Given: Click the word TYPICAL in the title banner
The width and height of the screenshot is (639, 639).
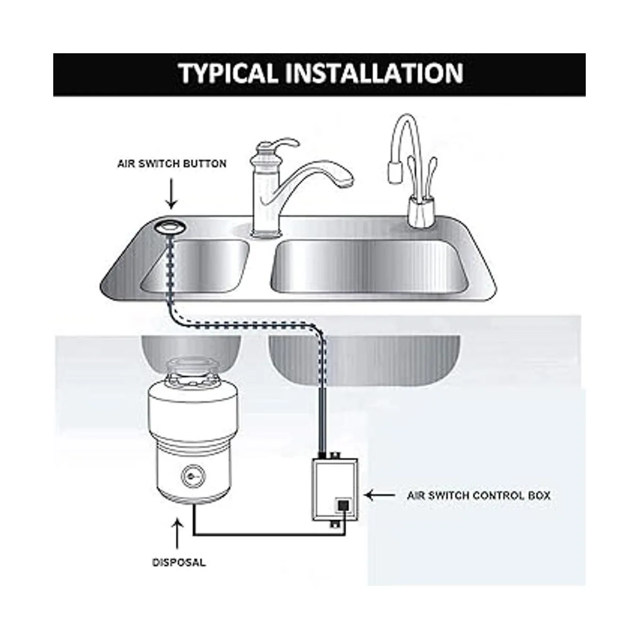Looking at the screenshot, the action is coord(229,73).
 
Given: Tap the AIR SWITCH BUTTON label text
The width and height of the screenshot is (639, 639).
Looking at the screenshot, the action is coord(172,164).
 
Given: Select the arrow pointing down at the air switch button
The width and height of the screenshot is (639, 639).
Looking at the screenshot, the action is coord(171,194).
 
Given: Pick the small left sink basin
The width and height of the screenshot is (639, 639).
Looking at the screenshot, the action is coord(195,266).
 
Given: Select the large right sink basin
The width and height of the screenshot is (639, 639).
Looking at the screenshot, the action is coord(370,267).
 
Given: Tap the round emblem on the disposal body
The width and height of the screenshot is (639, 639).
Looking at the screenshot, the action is coord(193,477).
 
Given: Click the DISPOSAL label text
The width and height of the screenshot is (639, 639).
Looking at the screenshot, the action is coord(179,562).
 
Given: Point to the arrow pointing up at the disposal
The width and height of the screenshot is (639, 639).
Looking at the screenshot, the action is coord(178,534).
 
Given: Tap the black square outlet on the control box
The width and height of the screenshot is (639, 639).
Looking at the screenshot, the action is coord(343,506).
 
